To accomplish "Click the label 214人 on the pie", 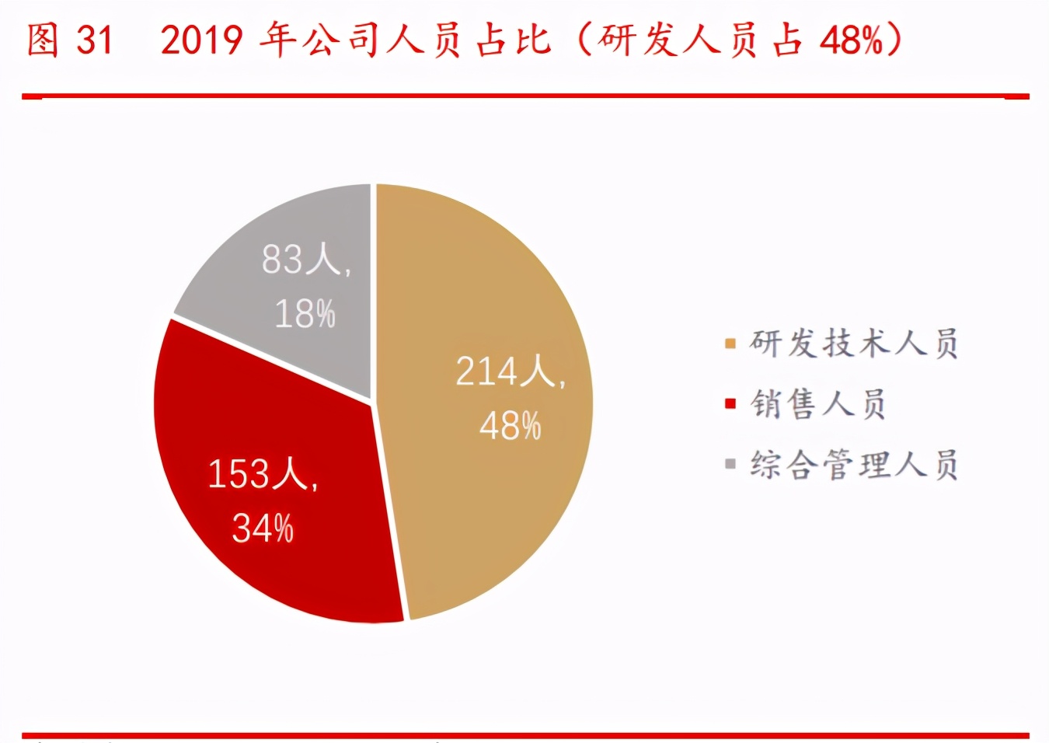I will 509,371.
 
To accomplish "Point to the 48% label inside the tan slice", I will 510,426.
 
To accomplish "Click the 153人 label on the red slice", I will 263,473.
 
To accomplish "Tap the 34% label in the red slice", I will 263,528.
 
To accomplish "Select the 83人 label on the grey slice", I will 305,259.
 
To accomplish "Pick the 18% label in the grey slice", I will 305,314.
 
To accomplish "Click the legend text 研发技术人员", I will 853,343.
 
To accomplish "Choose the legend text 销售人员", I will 817,404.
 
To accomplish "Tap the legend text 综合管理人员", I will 853,465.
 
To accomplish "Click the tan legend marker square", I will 730,344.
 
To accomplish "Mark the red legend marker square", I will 730,404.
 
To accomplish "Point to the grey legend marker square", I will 730,465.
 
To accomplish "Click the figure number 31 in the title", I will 94,40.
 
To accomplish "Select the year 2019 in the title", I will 201,40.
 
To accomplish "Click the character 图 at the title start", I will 43,40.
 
